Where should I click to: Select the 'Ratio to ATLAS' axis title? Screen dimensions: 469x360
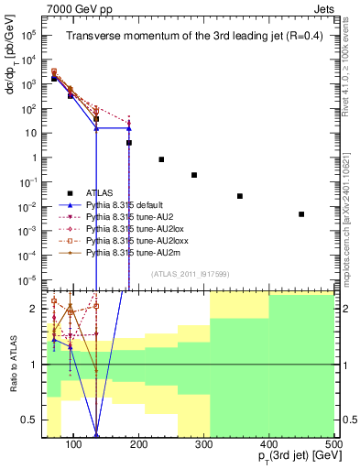[x=13, y=364]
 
